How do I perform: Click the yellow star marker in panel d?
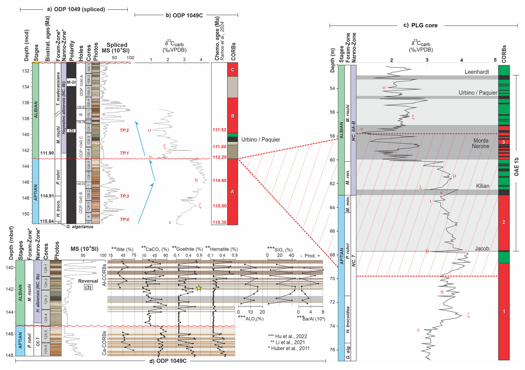click(x=199, y=288)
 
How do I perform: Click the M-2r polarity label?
click(x=71, y=82)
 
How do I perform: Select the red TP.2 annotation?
click(x=124, y=130)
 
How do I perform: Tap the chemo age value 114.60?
click(x=219, y=181)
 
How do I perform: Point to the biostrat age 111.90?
click(x=47, y=153)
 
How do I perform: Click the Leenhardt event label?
click(x=477, y=72)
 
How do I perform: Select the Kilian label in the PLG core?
click(x=483, y=186)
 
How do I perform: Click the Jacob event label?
click(x=482, y=248)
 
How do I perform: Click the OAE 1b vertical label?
click(x=516, y=167)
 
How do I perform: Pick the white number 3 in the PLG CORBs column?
click(x=504, y=142)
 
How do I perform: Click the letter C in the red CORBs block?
click(x=233, y=70)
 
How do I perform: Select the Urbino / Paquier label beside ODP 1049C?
click(x=261, y=139)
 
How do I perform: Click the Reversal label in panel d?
click(x=88, y=281)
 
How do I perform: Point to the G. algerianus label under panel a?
click(x=80, y=227)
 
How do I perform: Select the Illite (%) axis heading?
click(x=122, y=249)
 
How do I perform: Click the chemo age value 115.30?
click(x=219, y=222)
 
